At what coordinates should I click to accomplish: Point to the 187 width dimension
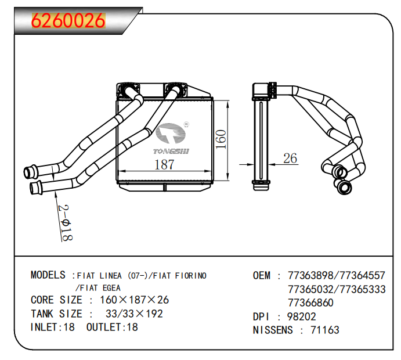point(164,164)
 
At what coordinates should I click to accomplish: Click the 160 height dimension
point(220,139)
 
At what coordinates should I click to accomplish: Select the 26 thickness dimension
point(290,158)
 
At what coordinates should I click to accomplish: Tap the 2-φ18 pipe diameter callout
point(65,222)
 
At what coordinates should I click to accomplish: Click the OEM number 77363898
point(309,275)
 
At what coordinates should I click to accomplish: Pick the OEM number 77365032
point(309,289)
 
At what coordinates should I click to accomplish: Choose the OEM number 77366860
point(310,303)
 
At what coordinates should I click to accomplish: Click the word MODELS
point(48,275)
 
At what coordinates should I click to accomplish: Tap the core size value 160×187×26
point(135,300)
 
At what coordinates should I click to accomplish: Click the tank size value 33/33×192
point(134,314)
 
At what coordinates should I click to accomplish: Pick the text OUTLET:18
point(112,327)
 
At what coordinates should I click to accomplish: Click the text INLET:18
point(52,327)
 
